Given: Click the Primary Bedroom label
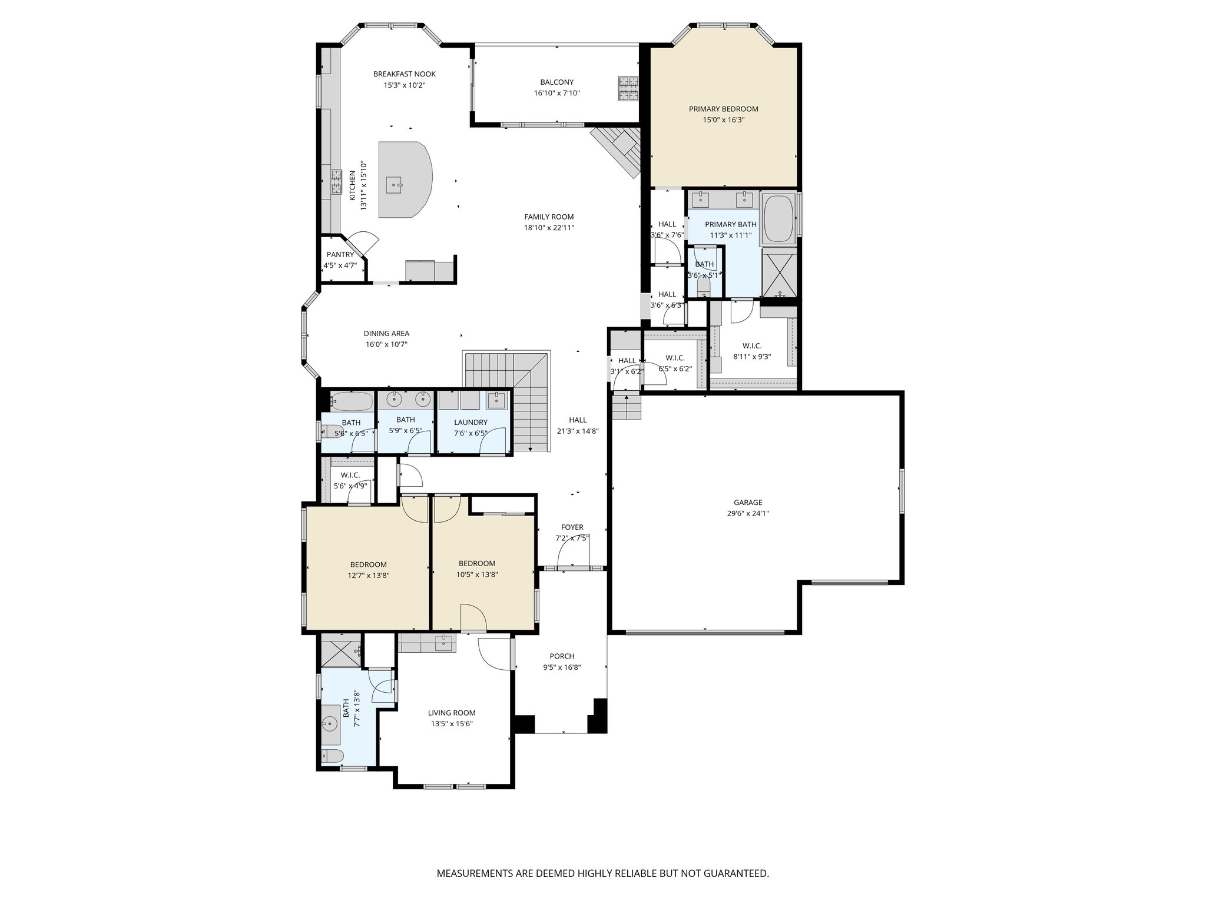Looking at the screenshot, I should [x=723, y=109].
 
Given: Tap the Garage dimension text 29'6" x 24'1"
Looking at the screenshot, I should [x=748, y=513].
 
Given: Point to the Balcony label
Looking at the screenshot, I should [x=556, y=82].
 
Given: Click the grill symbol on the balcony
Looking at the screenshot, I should [x=628, y=89].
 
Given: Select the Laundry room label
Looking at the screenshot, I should [x=471, y=422].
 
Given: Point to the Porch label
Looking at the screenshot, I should [x=562, y=656].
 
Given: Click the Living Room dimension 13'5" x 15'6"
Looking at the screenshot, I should [x=451, y=724].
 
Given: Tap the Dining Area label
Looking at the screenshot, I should [x=386, y=334].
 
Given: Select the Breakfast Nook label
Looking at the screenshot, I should [x=405, y=74].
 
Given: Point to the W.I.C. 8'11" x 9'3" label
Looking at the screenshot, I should [x=752, y=346].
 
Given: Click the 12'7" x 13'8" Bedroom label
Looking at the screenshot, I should [x=368, y=564].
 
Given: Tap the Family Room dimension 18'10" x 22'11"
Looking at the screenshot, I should [x=549, y=228].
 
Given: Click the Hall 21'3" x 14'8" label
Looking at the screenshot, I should [x=578, y=420].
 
